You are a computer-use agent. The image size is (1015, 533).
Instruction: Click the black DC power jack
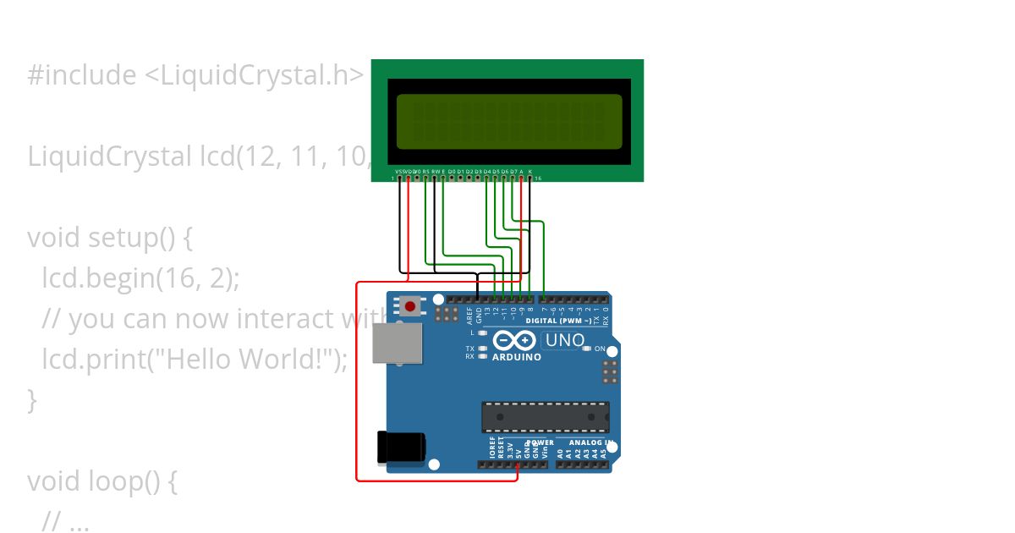400,448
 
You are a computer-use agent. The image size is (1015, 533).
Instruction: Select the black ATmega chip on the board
545,417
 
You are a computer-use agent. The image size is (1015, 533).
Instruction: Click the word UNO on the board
565,340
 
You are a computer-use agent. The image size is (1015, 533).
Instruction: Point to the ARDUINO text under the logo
516,357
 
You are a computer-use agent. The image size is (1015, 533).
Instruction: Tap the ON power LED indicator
611,349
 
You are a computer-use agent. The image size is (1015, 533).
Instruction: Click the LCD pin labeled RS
425,177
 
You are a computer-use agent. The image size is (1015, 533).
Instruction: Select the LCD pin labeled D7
513,177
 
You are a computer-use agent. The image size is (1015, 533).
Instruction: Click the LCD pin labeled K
530,177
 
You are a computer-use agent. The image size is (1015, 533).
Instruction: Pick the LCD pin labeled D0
452,177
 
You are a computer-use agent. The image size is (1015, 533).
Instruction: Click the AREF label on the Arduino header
469,315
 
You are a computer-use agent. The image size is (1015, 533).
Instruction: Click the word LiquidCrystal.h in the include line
254,75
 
